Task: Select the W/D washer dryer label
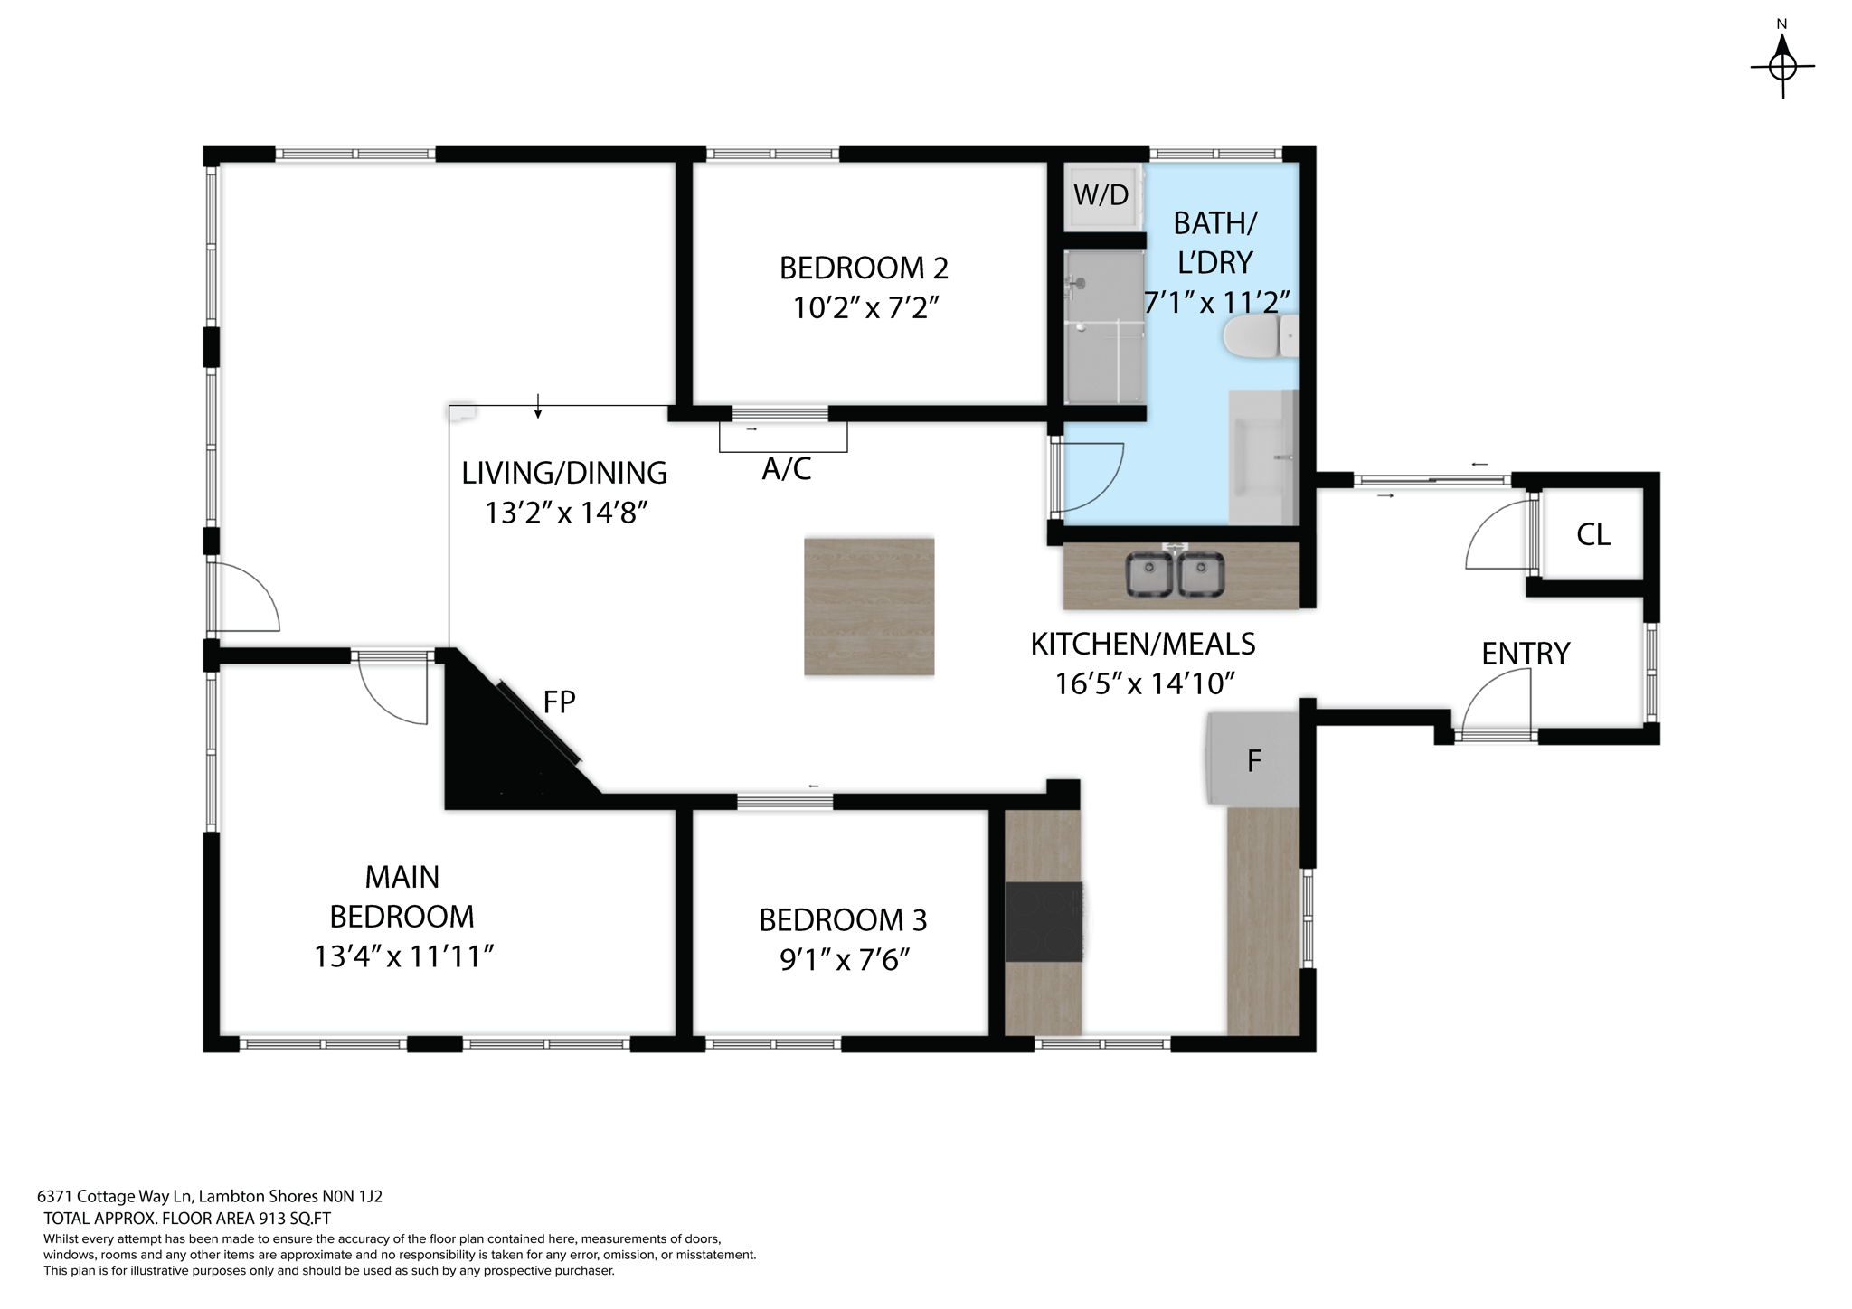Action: click(1101, 195)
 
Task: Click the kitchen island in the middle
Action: click(868, 607)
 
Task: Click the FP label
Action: click(559, 702)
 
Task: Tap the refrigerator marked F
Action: click(1254, 760)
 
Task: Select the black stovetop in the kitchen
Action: click(1044, 922)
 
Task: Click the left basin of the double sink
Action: click(1148, 575)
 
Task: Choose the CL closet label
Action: click(1592, 535)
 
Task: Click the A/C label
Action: click(786, 469)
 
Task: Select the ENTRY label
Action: click(1525, 654)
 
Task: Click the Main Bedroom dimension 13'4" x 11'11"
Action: click(402, 956)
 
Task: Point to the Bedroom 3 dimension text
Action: click(843, 959)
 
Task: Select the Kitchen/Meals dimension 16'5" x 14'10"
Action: click(1144, 683)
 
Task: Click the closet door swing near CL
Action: click(1497, 538)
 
